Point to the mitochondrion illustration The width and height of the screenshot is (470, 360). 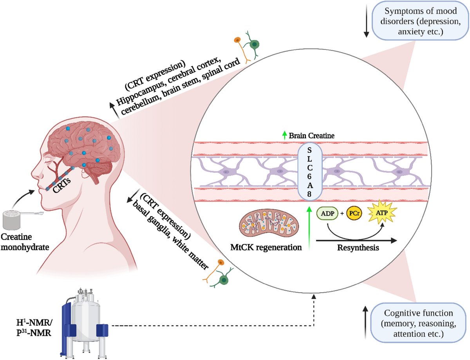click(269, 225)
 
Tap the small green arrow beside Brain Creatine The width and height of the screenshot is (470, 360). click(285, 136)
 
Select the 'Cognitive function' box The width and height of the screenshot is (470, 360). click(419, 324)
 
